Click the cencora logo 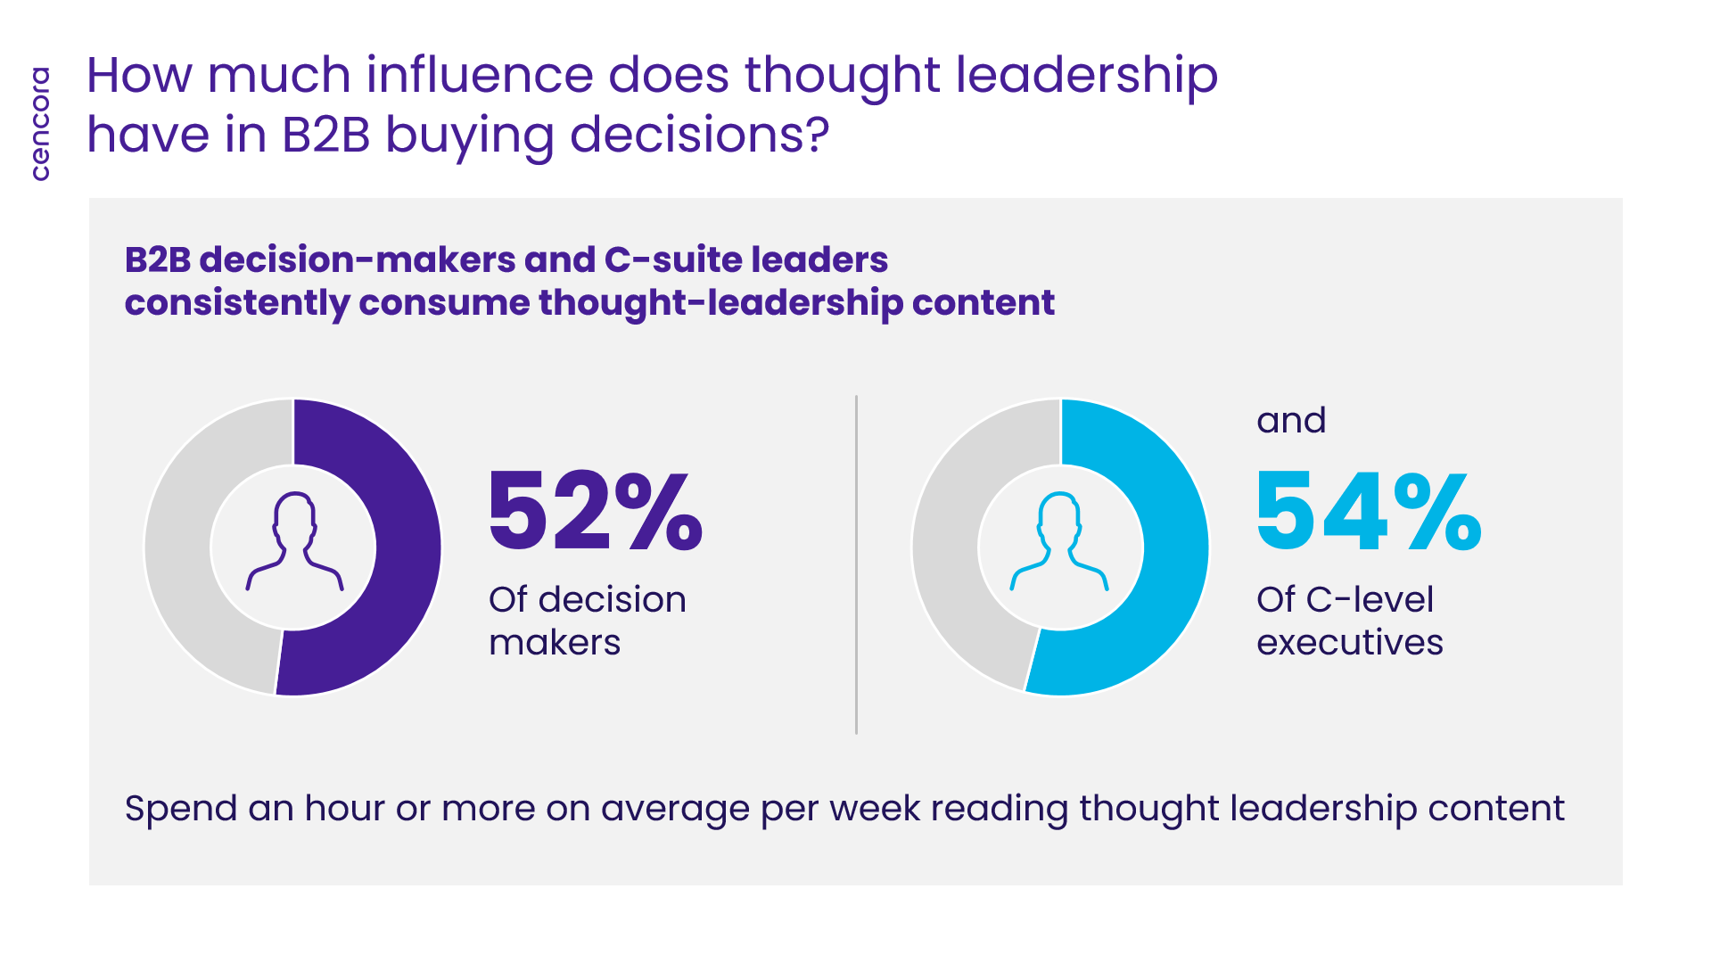pyautogui.click(x=40, y=124)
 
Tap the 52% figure pyautogui.click(x=596, y=511)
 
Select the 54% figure pyautogui.click(x=1369, y=511)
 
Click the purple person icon pyautogui.click(x=294, y=540)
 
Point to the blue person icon pyautogui.click(x=1059, y=540)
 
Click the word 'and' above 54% pyautogui.click(x=1291, y=420)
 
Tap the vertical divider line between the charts pyautogui.click(x=856, y=564)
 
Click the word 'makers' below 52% pyautogui.click(x=555, y=642)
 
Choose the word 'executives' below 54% pyautogui.click(x=1350, y=642)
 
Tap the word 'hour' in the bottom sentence pyautogui.click(x=345, y=808)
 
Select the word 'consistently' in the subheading pyautogui.click(x=236, y=303)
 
